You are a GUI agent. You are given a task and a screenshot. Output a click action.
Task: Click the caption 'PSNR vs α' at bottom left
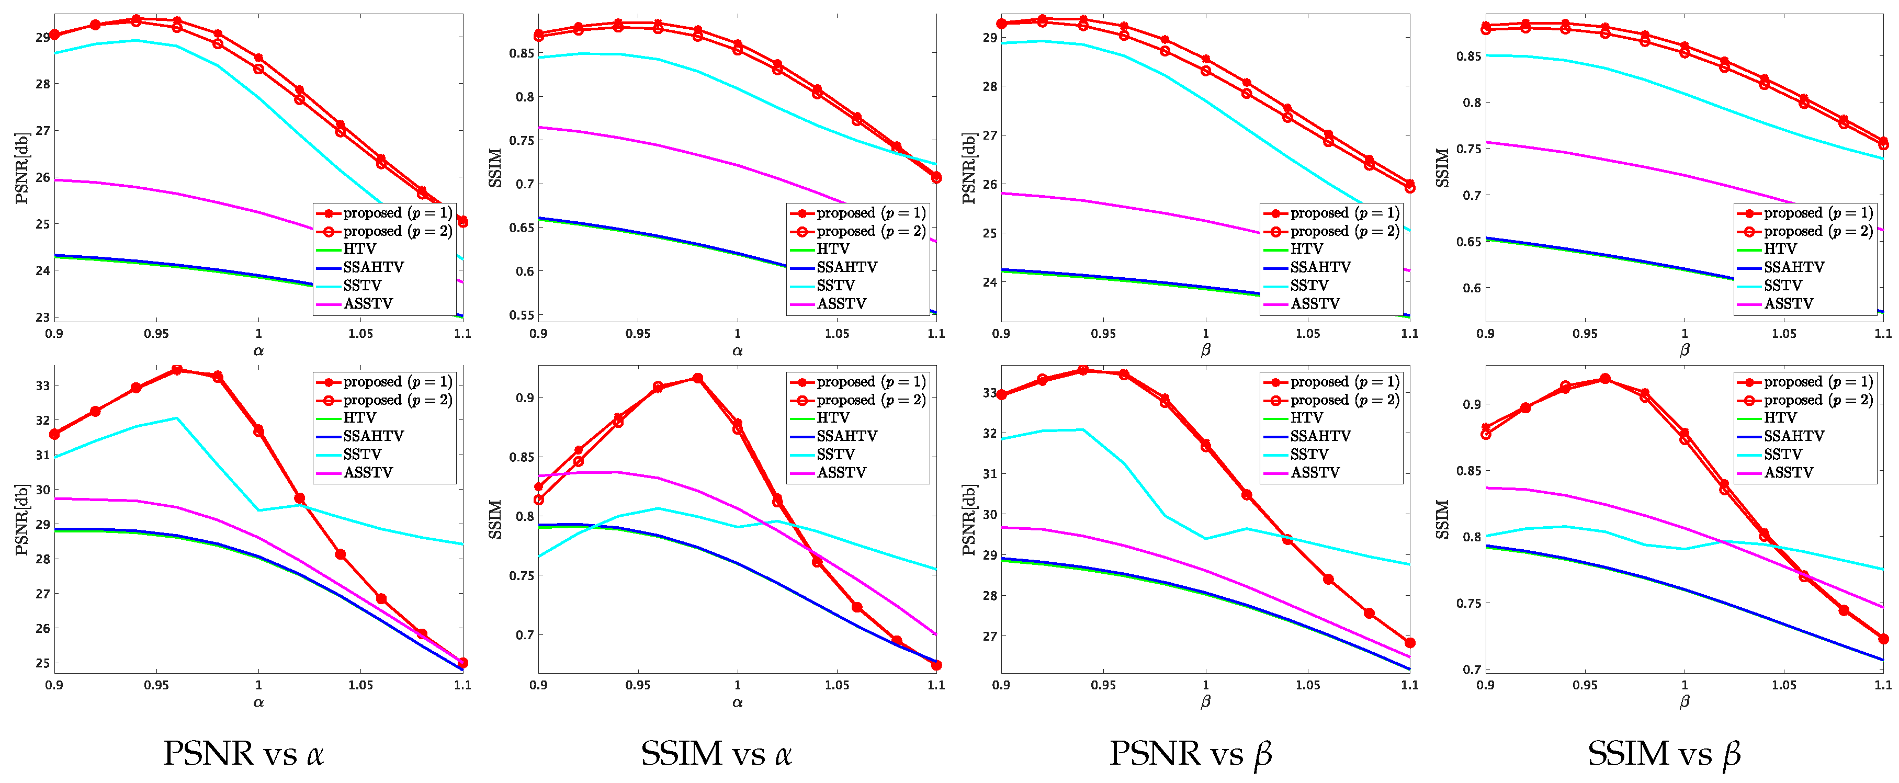coord(243,754)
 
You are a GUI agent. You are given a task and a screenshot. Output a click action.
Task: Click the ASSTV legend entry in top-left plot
coord(367,304)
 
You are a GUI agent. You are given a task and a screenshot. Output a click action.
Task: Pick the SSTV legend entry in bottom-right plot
coord(1782,454)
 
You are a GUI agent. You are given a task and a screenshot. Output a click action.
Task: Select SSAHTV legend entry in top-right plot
coord(1793,267)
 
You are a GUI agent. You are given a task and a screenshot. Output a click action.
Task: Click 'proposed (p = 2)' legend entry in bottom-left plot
coord(397,400)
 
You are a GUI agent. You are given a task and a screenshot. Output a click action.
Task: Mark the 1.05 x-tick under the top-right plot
coord(1783,333)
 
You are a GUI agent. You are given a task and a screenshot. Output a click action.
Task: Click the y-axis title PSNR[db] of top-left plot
coord(21,167)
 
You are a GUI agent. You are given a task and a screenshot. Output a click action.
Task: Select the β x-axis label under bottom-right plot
coord(1684,701)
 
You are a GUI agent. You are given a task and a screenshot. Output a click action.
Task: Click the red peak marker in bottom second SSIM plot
coord(697,378)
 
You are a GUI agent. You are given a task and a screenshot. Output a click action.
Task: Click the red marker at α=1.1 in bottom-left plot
coord(462,663)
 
